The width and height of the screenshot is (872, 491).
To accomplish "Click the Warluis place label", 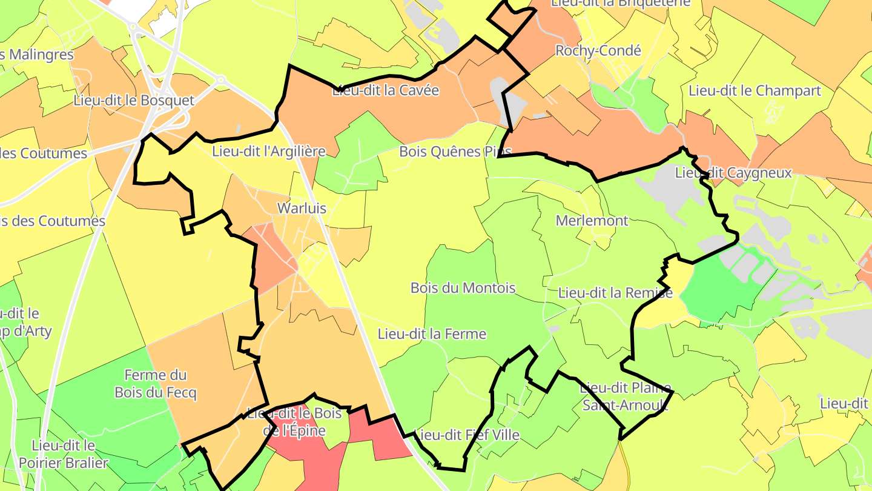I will [302, 209].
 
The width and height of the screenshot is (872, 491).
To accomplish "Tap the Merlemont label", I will [592, 221].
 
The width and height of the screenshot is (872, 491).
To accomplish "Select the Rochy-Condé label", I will [598, 51].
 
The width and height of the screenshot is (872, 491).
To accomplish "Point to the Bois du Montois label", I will [463, 288].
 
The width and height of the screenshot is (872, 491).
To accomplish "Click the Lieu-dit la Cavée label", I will [385, 91].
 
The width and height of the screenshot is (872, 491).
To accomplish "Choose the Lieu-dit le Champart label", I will [755, 91].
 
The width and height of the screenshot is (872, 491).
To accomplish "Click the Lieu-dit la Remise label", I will [615, 293].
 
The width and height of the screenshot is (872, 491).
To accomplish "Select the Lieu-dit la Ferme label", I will [432, 334].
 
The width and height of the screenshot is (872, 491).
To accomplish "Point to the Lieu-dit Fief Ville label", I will [466, 435].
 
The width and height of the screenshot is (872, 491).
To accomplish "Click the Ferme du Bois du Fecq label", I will [156, 384].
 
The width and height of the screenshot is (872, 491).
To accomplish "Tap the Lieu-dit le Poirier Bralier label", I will [64, 455].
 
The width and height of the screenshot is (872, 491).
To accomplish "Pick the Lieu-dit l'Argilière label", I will [269, 151].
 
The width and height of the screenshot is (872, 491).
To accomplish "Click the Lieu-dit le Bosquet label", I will [134, 101].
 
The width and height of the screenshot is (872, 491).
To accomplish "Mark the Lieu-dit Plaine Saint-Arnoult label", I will [625, 396].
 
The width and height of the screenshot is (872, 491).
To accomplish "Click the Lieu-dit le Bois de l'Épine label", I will [294, 422].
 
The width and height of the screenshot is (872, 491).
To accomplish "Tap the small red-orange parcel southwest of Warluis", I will [273, 258].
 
